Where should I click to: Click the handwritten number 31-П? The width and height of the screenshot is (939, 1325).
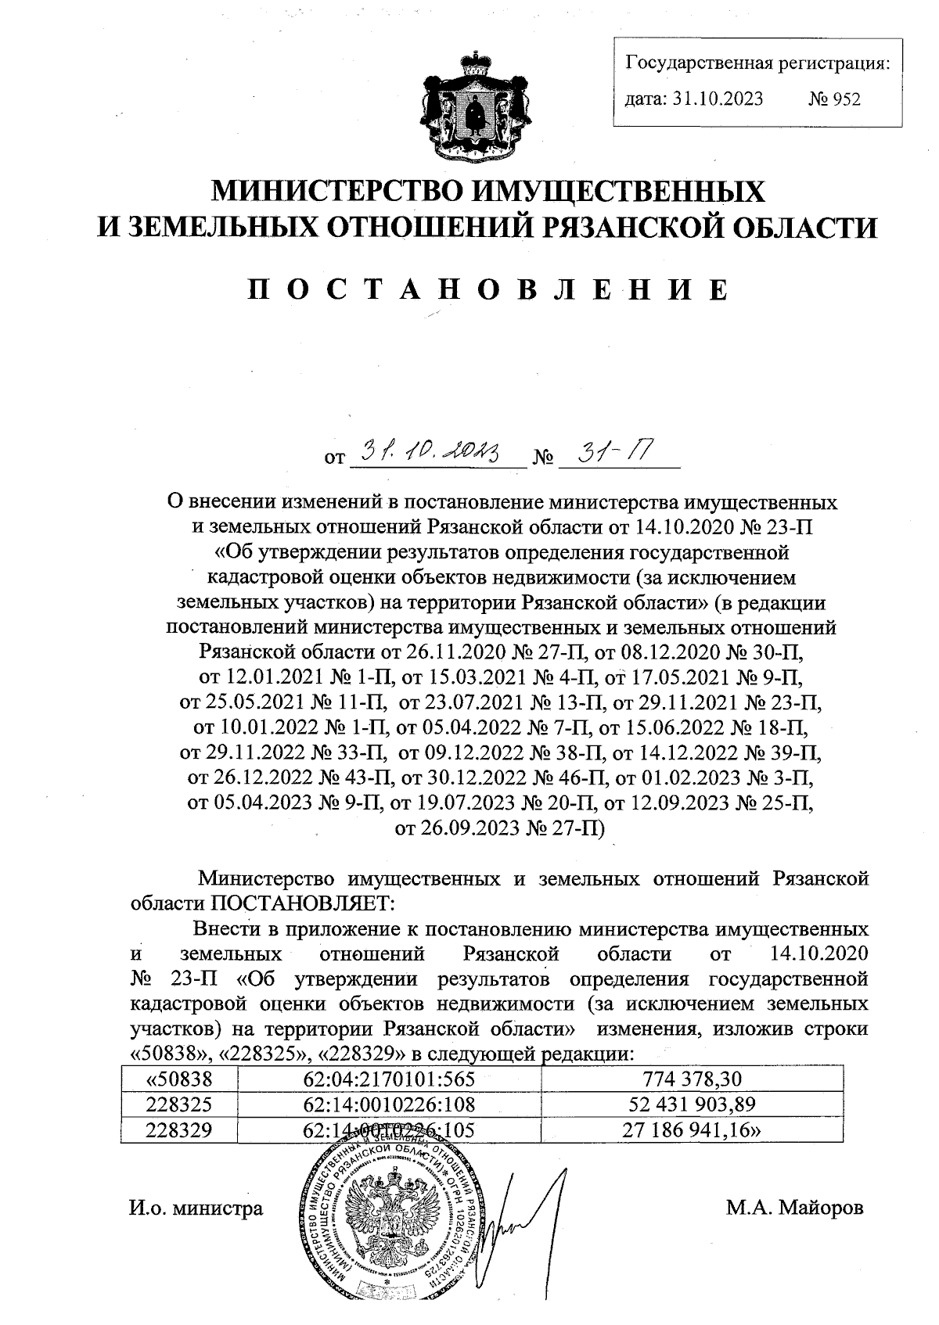pyautogui.click(x=610, y=451)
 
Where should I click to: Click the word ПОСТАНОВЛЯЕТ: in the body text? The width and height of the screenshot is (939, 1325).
pyautogui.click(x=301, y=903)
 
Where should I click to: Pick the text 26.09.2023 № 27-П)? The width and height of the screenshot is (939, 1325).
pyautogui.click(x=501, y=828)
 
